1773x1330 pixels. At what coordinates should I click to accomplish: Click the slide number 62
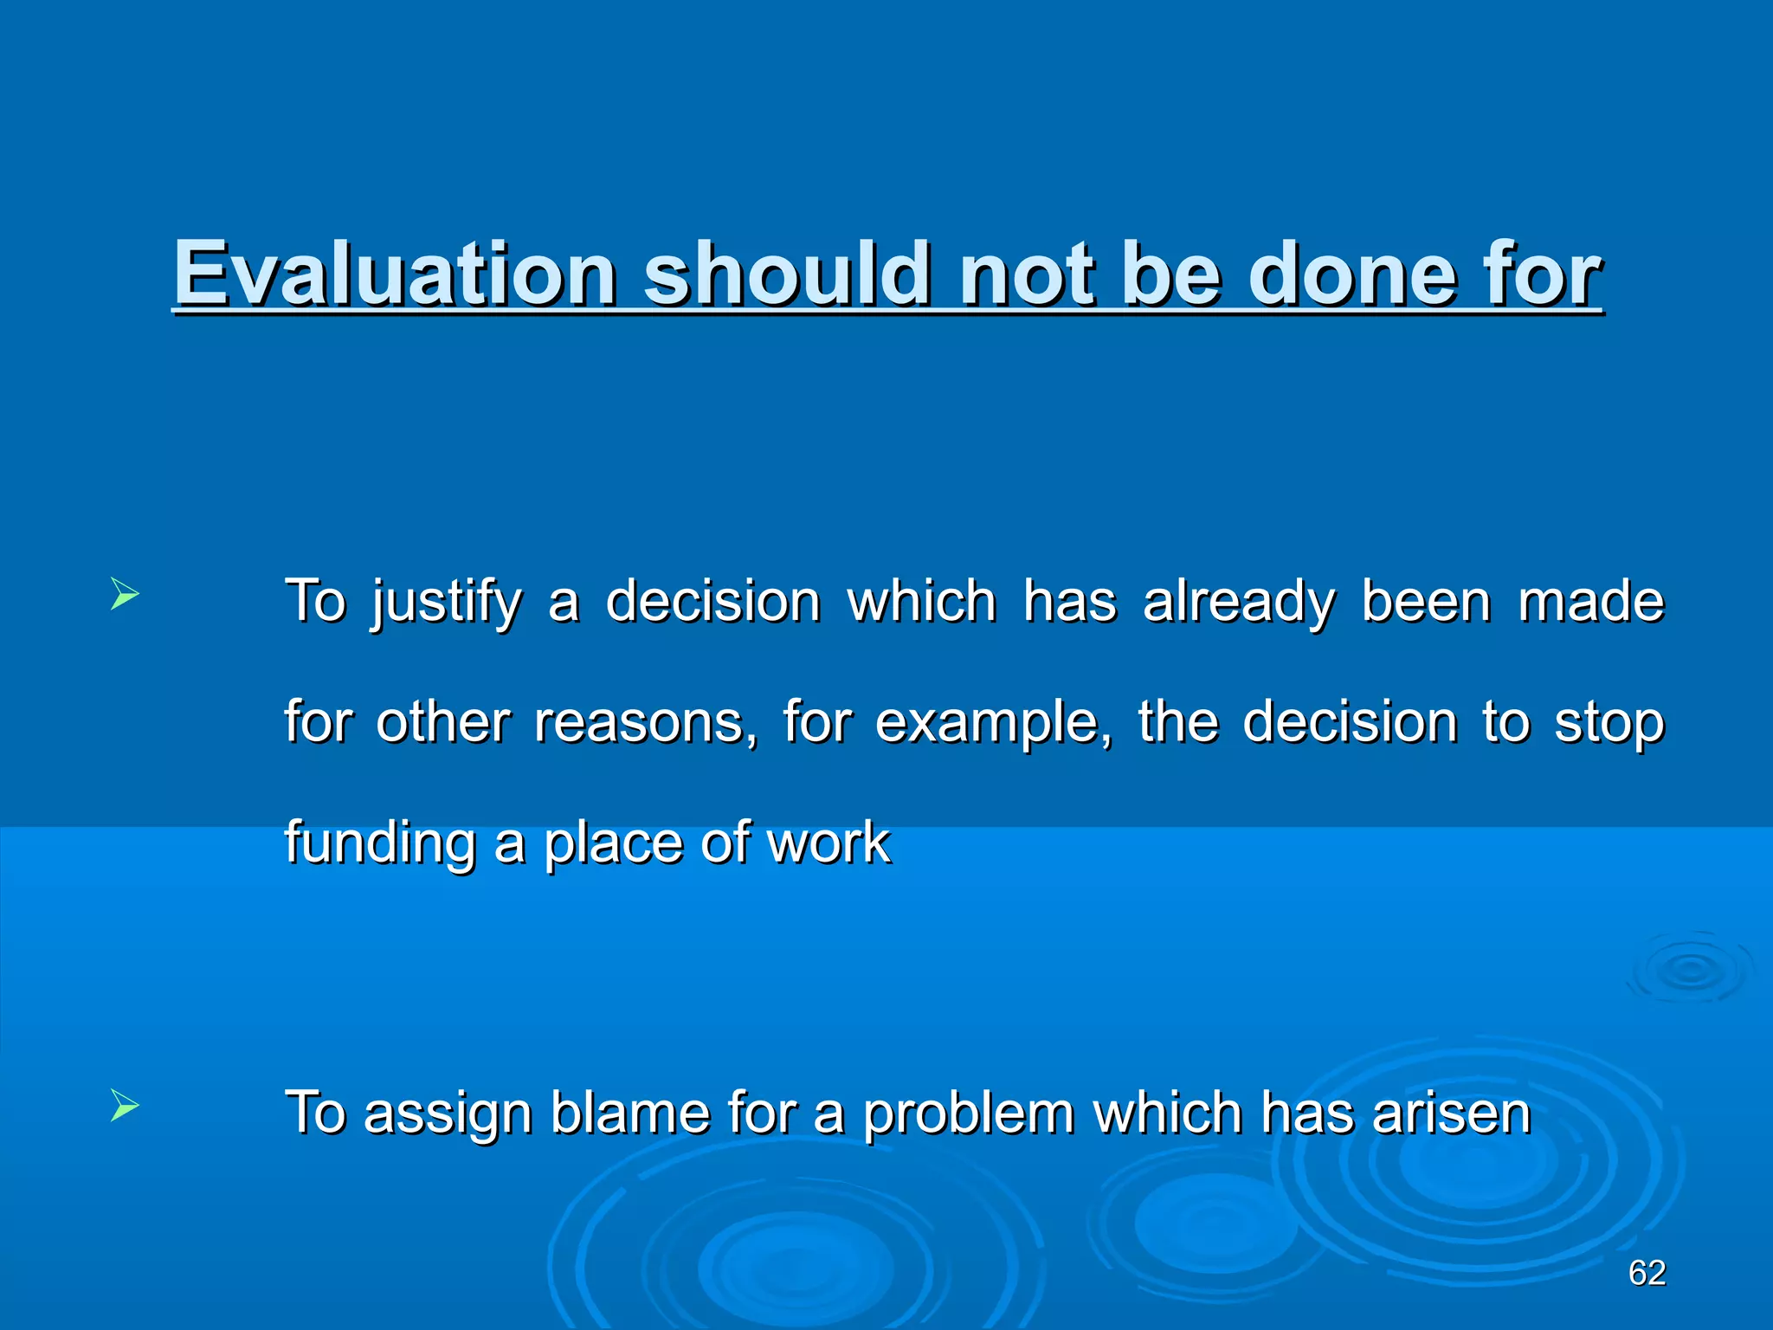point(1647,1273)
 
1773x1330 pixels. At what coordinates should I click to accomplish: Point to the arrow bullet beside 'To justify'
point(125,596)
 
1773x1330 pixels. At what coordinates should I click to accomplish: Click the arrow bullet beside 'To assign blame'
point(125,1106)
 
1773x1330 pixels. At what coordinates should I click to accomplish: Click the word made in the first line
point(1591,602)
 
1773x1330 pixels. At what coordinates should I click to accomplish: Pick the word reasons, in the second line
point(645,722)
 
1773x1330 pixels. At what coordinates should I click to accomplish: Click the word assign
point(447,1114)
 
